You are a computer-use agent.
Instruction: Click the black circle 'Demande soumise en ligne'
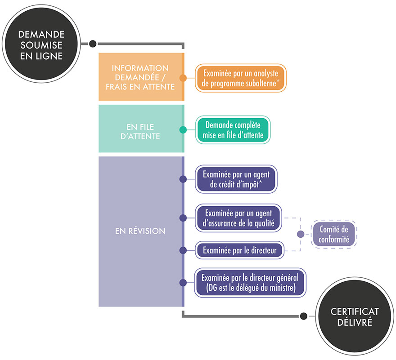coord(41,44)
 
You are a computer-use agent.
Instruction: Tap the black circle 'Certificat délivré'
coord(349,316)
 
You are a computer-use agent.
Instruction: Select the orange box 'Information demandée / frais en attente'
coord(140,77)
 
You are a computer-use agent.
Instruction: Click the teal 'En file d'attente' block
coord(140,129)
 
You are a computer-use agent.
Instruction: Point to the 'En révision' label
coord(140,231)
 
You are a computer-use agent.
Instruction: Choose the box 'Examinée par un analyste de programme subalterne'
coord(240,78)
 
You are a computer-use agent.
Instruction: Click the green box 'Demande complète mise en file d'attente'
coord(233,129)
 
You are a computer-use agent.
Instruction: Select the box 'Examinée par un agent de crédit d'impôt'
coord(236,179)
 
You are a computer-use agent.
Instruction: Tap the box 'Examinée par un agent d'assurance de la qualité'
coord(239,218)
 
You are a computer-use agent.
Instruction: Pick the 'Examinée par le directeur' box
coord(239,249)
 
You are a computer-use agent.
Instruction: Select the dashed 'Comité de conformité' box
coord(334,234)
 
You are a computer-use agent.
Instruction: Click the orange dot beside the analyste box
coord(183,78)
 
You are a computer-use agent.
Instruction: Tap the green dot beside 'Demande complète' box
coord(183,130)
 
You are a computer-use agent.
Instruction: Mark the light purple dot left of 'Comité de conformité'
coord(301,234)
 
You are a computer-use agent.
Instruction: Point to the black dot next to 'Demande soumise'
coord(93,44)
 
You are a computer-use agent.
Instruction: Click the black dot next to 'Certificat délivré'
coord(304,316)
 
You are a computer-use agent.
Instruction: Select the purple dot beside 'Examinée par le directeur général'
coord(183,283)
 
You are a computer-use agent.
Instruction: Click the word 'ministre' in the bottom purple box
coord(282,288)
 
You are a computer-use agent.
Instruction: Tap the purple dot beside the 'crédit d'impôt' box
coord(183,179)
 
